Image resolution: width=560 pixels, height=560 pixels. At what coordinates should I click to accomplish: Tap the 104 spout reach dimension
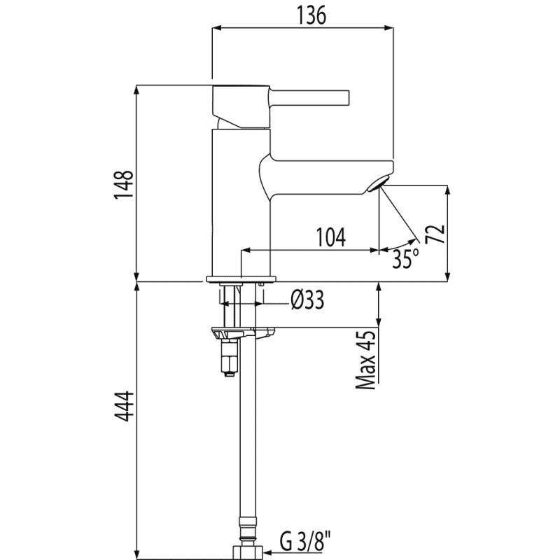pyautogui.click(x=329, y=238)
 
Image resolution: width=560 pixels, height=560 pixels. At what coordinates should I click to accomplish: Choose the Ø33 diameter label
pyautogui.click(x=306, y=300)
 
